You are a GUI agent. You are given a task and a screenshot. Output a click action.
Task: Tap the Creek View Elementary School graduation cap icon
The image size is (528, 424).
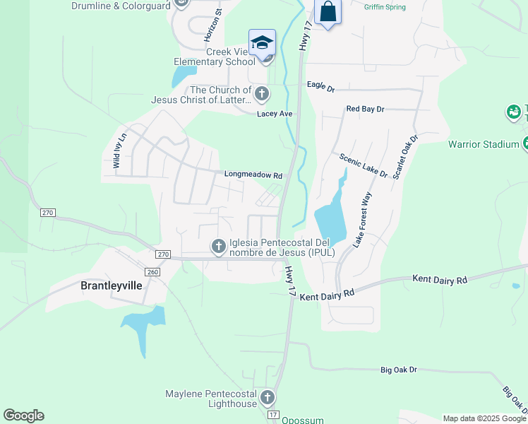[x=262, y=42]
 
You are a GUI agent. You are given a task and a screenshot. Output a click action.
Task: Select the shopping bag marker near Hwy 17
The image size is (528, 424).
[x=328, y=12]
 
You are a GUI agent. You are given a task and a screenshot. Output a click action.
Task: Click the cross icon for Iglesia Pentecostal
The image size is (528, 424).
[x=219, y=246]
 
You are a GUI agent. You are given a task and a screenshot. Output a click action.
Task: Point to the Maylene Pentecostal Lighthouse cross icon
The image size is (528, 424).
[x=268, y=398]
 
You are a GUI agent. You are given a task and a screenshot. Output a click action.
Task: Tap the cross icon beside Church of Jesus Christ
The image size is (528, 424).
[x=262, y=94]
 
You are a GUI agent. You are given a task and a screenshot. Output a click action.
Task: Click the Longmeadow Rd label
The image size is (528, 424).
[x=253, y=175]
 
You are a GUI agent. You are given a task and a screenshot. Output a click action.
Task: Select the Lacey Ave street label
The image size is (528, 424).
[x=275, y=114]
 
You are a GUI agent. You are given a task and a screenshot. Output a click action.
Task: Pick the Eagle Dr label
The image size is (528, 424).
[x=320, y=86]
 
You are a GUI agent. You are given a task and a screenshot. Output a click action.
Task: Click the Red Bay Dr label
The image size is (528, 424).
[x=365, y=110]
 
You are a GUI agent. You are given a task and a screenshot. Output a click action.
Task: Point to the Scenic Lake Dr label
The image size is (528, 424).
[x=364, y=165]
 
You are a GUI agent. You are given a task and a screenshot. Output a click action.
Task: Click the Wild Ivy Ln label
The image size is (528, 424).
[x=120, y=150]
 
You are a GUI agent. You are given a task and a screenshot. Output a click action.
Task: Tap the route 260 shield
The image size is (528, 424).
[x=152, y=272]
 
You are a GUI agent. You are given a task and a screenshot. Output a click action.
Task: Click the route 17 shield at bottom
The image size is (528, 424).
[x=274, y=414]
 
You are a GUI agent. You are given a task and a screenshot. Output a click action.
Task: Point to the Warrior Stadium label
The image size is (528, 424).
[x=484, y=145]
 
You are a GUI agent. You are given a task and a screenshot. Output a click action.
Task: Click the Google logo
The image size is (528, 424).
[x=24, y=416]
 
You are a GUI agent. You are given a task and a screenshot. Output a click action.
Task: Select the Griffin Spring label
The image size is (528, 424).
[x=385, y=7]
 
